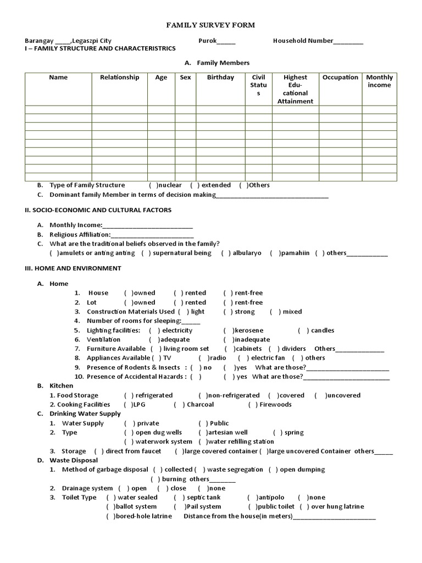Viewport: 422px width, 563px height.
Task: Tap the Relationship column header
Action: coord(119,78)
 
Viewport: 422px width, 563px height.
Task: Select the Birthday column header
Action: coord(220,78)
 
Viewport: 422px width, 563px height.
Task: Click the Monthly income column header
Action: coord(379,81)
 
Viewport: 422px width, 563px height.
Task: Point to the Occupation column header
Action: coord(340,78)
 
